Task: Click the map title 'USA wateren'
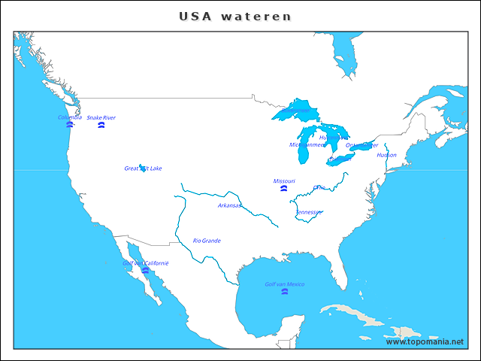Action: [x=235, y=16]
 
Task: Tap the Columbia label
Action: [x=69, y=117]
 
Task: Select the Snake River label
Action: [x=101, y=118]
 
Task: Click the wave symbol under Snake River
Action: [x=101, y=126]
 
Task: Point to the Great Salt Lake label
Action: [x=143, y=168]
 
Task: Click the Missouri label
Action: [x=284, y=181]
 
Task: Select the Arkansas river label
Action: [x=230, y=205]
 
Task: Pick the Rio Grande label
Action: [x=207, y=241]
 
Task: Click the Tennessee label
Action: [x=309, y=212]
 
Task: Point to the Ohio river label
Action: [x=319, y=187]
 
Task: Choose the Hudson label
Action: [x=386, y=155]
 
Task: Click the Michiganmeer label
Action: [x=307, y=144]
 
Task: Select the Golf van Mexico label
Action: [x=284, y=284]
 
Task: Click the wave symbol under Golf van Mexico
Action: [x=284, y=291]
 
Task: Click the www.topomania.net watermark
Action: [x=425, y=342]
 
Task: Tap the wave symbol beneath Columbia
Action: [x=69, y=125]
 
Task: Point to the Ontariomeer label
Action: [x=359, y=146]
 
